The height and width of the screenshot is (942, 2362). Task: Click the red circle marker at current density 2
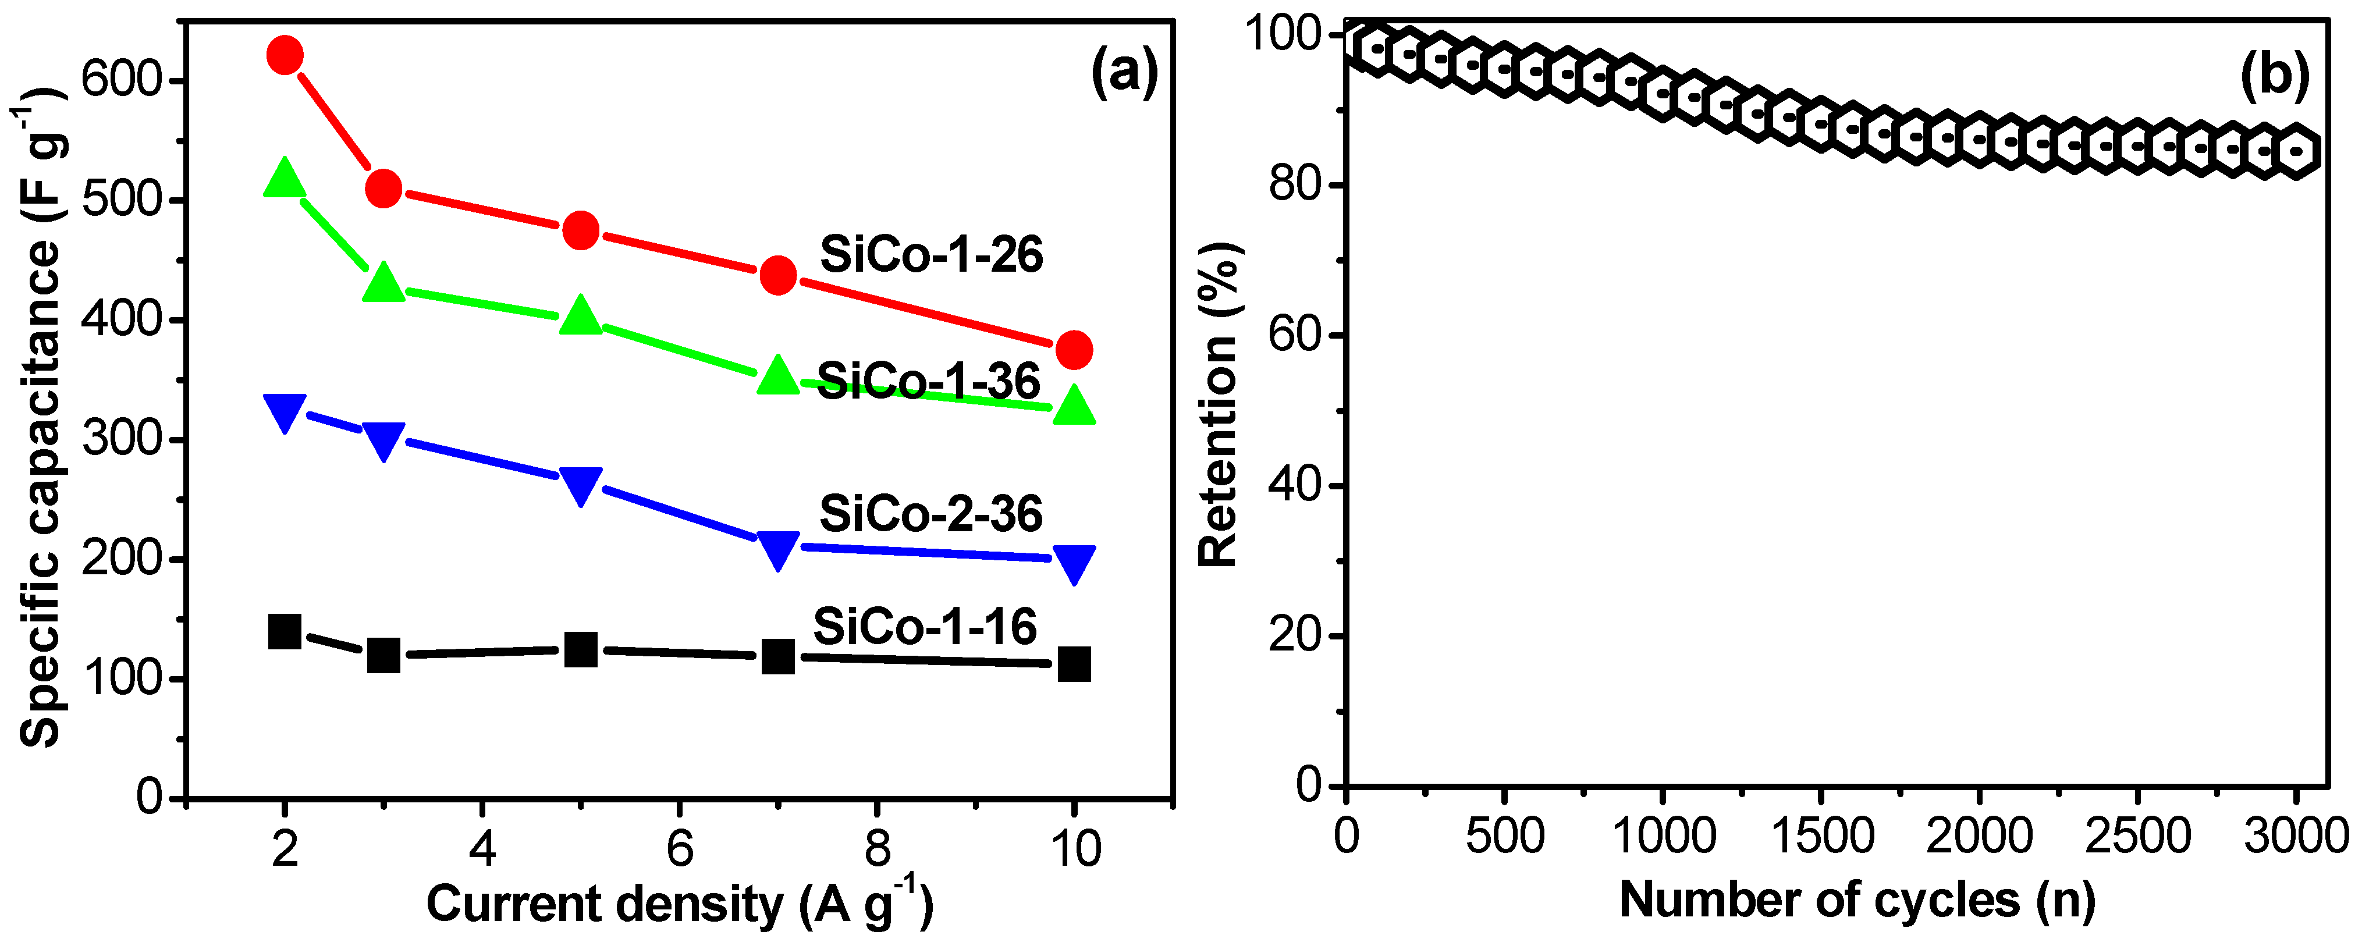284,56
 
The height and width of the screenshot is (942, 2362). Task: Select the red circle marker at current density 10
1074,350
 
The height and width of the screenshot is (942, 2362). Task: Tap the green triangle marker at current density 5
580,315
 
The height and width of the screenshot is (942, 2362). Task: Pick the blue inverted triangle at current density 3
383,441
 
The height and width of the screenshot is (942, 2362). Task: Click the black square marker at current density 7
777,656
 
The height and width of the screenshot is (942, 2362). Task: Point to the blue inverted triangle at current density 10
1074,562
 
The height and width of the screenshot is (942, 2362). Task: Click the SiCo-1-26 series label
930,255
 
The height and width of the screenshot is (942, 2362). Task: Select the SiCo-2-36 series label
930,514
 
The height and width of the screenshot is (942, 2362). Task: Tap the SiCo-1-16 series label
924,627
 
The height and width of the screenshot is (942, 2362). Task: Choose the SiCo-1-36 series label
928,381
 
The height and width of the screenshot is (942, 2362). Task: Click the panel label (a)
1124,73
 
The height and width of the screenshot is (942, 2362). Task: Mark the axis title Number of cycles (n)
1857,900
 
